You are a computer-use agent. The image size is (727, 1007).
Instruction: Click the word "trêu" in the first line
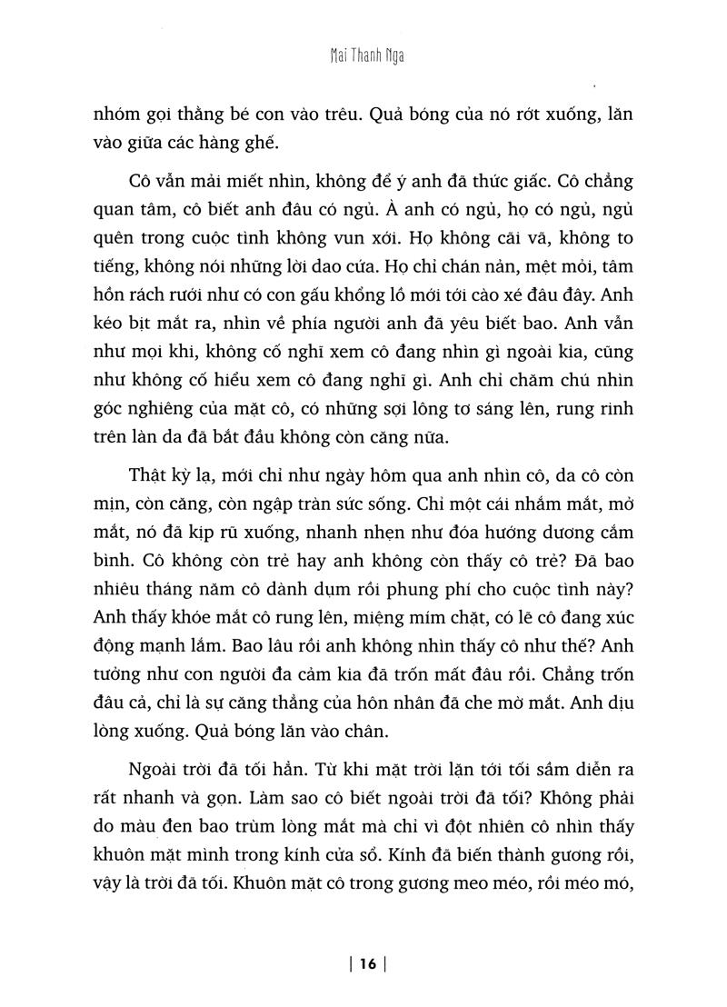tap(370, 117)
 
